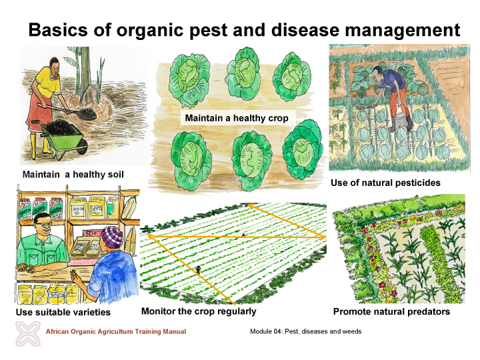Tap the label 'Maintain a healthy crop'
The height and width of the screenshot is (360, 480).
[x=236, y=118]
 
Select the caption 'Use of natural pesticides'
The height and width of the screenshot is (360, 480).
[x=385, y=182]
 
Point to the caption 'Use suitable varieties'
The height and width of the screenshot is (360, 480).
[x=63, y=312]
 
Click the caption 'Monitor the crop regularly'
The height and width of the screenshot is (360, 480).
[x=199, y=311]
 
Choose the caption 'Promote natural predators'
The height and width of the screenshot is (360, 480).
[x=391, y=311]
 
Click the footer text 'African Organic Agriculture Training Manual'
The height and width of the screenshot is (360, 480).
[x=115, y=331]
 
